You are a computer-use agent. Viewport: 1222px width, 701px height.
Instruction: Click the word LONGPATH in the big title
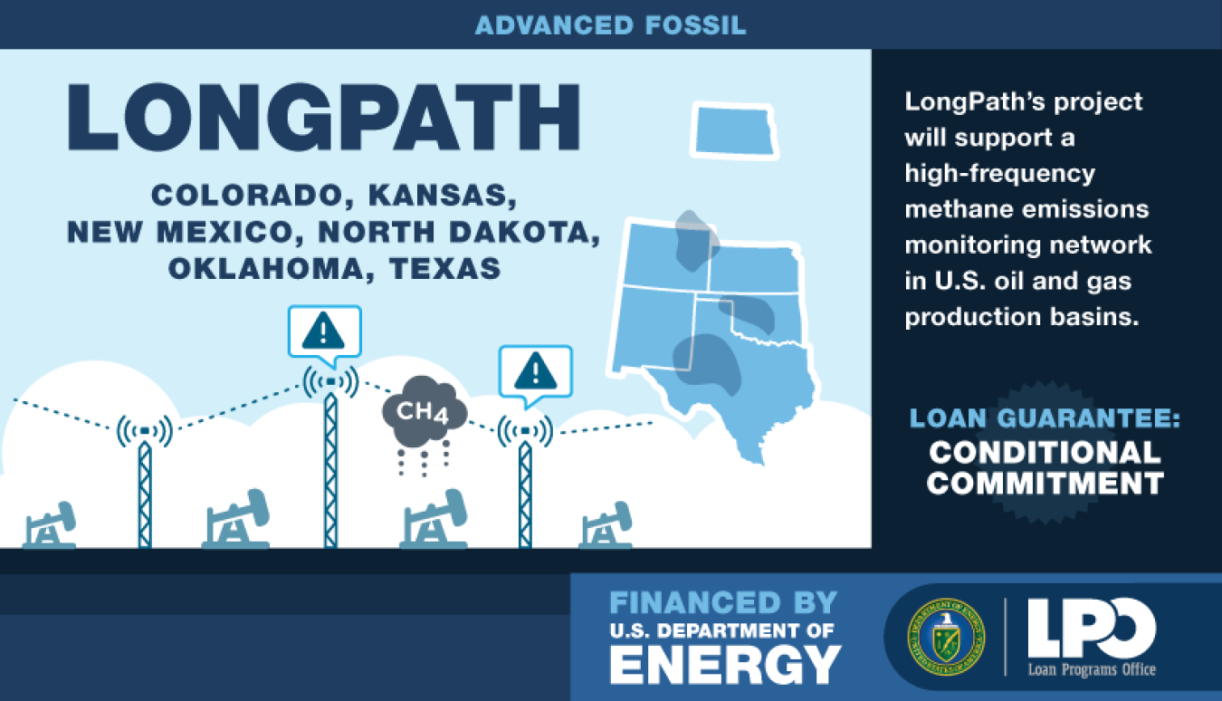point(323,117)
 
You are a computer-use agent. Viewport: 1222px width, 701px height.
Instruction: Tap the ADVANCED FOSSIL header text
point(610,25)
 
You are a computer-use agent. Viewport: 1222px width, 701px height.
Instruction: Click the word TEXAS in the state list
point(444,268)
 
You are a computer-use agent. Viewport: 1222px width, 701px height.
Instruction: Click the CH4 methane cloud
point(425,410)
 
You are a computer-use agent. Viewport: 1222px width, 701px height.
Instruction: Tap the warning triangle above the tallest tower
point(323,331)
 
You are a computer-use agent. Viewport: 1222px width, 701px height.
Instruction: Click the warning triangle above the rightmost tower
point(535,371)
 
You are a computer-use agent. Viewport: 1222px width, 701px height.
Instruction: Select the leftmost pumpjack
point(49,524)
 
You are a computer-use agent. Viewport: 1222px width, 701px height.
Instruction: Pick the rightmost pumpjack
point(606,524)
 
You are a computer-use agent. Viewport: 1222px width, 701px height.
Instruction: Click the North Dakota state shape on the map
point(734,130)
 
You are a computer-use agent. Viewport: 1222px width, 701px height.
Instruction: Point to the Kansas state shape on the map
point(755,269)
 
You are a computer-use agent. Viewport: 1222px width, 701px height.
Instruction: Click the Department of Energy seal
point(946,637)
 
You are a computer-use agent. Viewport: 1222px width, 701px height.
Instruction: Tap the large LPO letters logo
point(1091,628)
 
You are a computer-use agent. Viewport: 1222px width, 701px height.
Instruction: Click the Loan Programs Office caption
point(1092,669)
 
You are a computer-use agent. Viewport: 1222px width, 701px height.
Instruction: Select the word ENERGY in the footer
point(725,664)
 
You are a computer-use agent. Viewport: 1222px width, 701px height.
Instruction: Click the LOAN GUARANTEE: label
point(1045,418)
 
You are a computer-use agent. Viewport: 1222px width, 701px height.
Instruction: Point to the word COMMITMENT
point(1045,484)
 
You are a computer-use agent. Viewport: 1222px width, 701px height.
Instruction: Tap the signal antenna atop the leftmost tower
point(145,431)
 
